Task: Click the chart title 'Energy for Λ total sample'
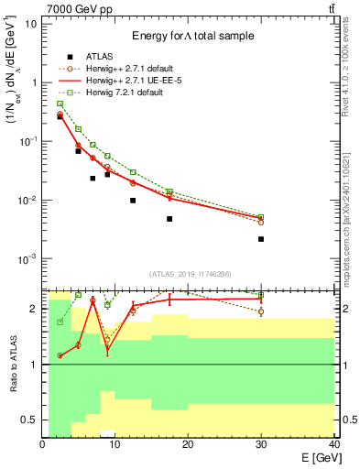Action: point(191,36)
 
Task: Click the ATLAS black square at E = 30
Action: point(261,239)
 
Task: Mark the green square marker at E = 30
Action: point(261,217)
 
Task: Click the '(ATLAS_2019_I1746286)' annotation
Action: point(191,273)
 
